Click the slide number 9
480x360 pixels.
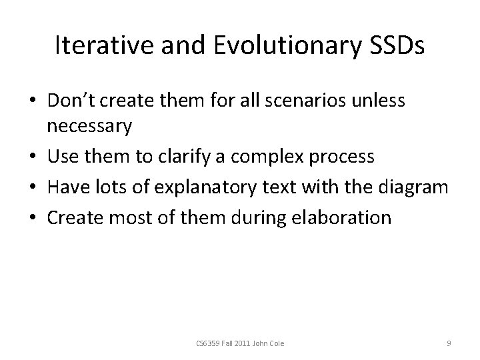tap(449, 343)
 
